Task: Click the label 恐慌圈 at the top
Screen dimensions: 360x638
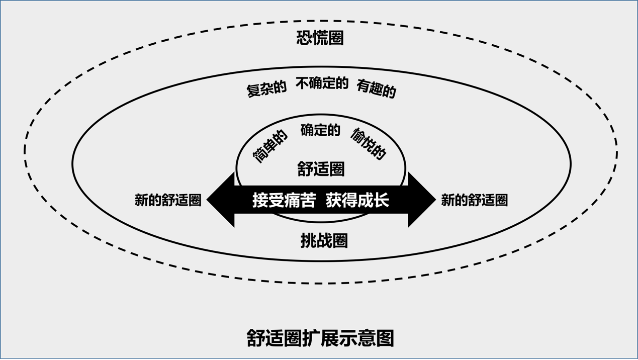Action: point(320,38)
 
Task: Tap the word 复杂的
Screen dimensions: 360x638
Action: point(266,89)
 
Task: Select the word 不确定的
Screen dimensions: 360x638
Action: point(322,83)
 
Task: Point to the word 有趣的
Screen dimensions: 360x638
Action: point(376,89)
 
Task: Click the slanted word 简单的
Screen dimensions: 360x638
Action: point(270,146)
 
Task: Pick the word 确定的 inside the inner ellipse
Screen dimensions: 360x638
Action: point(320,130)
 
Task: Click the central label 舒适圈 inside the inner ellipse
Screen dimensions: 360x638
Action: point(321,169)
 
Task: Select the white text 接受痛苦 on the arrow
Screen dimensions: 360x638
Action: point(284,200)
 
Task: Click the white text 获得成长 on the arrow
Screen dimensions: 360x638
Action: point(357,200)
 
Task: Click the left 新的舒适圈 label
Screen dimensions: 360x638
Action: point(168,200)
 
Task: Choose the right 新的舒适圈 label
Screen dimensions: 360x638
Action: point(474,200)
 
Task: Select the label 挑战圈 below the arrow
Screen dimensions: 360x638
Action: point(324,241)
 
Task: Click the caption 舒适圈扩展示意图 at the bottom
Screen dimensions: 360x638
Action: point(320,338)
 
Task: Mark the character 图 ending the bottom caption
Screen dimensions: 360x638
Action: point(385,338)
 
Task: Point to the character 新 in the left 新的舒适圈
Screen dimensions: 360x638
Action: point(141,200)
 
